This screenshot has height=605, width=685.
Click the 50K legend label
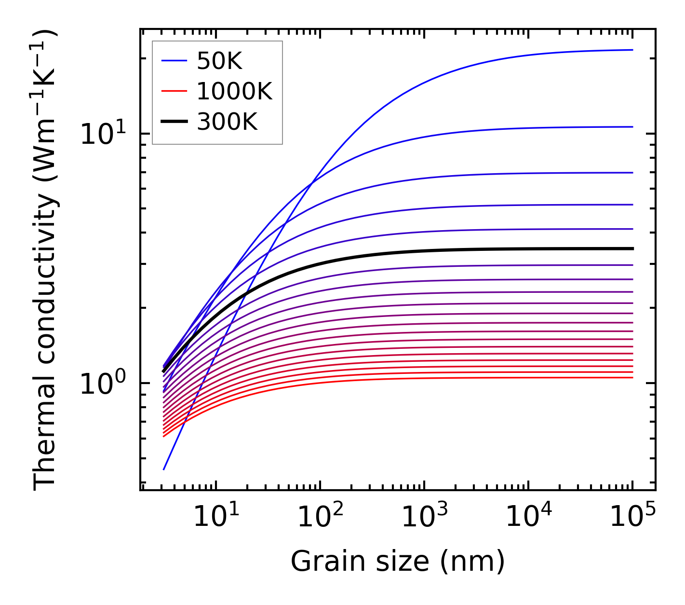219,61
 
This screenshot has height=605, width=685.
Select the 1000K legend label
234,92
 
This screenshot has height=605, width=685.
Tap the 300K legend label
227,122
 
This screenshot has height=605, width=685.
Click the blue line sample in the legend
174,61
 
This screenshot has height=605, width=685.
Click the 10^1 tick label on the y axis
102,134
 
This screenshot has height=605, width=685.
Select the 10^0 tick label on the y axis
102,384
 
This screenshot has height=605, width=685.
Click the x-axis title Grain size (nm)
398,562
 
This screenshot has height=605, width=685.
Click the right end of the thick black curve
632,248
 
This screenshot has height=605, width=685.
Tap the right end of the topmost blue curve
632,50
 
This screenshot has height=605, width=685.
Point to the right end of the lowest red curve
632,377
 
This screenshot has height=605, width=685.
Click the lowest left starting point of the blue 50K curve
164,469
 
